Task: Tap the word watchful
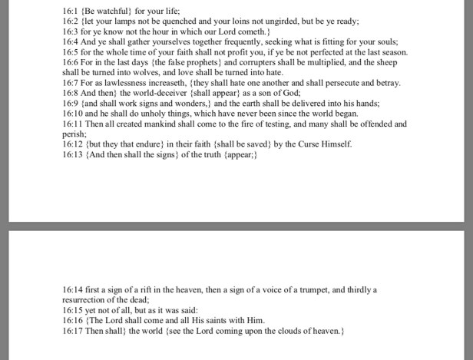tap(114, 12)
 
